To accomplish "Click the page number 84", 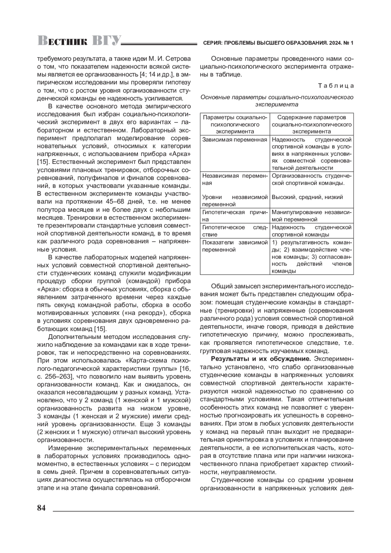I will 41,508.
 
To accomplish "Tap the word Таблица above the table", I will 336,86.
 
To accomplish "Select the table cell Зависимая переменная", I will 235,140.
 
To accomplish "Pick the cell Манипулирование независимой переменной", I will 311,216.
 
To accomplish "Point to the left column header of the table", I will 235,124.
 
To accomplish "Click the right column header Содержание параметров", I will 311,124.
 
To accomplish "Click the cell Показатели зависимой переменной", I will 235,246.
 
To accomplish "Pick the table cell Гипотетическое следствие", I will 235,231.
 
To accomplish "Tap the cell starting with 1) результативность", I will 311,257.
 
